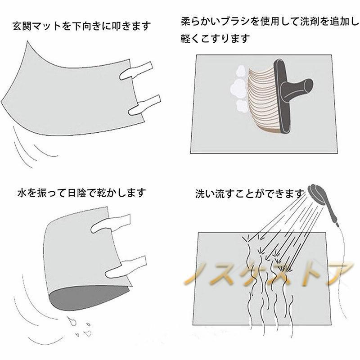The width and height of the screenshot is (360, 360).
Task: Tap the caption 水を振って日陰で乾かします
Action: pos(81,193)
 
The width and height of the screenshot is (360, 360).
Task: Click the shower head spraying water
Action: pos(318,194)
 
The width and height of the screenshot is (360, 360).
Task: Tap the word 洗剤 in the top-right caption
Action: pos(308,21)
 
